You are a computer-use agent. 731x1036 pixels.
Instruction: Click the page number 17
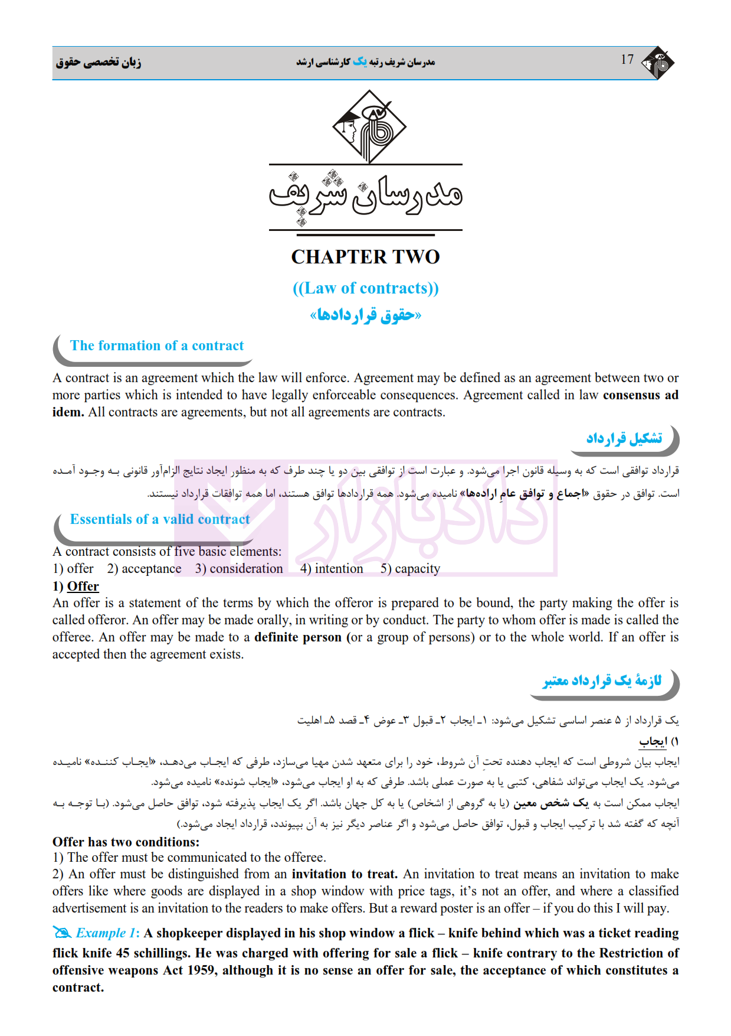(627, 60)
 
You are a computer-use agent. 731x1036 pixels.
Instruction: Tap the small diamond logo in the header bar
(658, 63)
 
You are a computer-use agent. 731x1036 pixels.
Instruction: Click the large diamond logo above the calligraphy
(369, 126)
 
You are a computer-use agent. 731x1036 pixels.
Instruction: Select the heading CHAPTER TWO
(365, 257)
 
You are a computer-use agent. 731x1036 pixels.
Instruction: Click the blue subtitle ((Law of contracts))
(366, 288)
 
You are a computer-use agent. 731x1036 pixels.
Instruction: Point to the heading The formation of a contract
(157, 346)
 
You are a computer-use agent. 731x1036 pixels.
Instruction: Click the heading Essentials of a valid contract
(160, 519)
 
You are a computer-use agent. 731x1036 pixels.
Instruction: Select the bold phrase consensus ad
(640, 395)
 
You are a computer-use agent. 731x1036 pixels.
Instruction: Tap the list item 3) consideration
(239, 569)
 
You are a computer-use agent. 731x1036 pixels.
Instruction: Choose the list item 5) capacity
(410, 569)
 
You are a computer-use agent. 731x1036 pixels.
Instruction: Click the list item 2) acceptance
(144, 569)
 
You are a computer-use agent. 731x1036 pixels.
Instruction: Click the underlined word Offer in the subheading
(83, 587)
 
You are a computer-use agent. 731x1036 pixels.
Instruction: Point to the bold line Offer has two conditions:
(126, 842)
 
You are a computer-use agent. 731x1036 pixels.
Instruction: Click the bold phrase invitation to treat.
(345, 874)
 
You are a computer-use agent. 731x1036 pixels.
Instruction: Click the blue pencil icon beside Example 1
(62, 933)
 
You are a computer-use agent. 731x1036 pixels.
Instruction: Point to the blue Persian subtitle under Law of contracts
(366, 315)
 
